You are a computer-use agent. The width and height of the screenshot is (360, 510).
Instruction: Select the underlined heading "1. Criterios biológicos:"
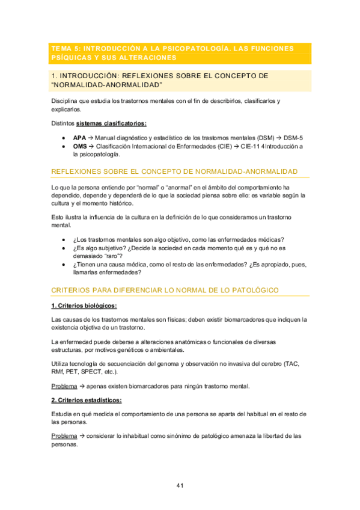[84, 306]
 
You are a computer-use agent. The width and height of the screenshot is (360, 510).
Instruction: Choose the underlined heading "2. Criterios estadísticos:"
[87, 400]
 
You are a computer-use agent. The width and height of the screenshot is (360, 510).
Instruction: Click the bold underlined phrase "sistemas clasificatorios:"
[111, 124]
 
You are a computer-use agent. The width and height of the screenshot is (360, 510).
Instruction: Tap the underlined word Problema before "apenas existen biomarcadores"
[64, 386]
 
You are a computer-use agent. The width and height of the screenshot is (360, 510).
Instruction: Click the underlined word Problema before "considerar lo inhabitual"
[64, 435]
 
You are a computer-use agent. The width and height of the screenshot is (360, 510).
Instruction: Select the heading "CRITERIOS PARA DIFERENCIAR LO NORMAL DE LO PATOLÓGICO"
[165, 290]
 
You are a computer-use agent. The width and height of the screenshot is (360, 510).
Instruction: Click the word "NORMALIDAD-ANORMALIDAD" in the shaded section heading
[107, 85]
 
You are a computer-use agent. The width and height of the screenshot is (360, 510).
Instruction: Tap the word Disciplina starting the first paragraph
[66, 100]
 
